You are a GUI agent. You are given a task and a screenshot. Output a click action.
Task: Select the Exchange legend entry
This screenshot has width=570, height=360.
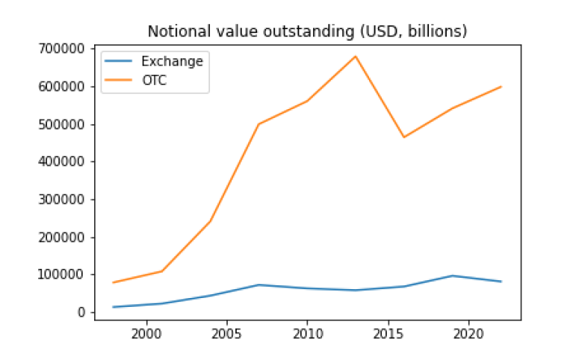click(172, 61)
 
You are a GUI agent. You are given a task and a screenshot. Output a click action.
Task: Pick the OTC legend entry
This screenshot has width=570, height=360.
click(154, 81)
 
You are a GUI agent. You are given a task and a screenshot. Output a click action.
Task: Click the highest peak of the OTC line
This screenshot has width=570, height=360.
click(356, 56)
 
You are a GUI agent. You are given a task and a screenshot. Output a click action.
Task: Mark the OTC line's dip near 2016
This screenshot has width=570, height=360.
click(404, 137)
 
